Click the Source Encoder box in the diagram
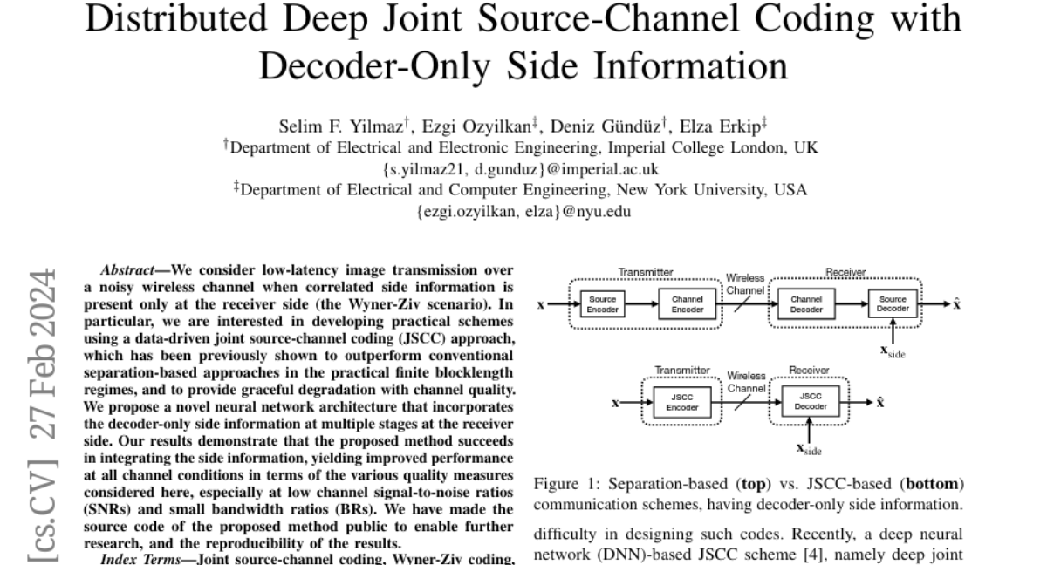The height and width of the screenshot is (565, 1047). coord(603,303)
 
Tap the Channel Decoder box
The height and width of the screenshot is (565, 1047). coord(805,303)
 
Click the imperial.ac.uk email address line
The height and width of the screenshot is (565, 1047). coord(522,169)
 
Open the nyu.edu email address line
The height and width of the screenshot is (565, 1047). coord(522,211)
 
